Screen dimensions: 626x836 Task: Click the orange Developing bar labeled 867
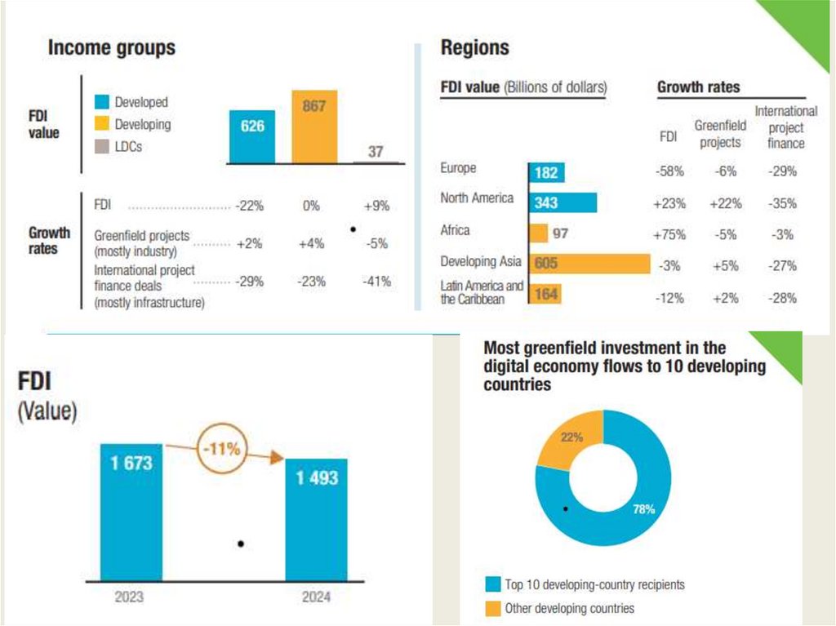click(x=314, y=127)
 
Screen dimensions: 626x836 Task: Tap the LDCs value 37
click(x=376, y=152)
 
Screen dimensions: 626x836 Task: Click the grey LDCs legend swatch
click(x=102, y=147)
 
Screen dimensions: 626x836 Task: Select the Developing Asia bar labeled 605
click(x=589, y=264)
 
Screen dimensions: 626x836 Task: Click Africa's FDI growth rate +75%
click(x=669, y=234)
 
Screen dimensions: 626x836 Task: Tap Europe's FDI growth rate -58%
click(x=669, y=172)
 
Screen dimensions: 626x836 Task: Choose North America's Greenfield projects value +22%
click(x=720, y=203)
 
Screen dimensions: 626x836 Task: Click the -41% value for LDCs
click(x=376, y=282)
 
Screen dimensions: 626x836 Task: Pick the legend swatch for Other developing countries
click(x=491, y=608)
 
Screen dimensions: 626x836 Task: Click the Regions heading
click(x=475, y=48)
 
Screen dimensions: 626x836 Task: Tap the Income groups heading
click(x=112, y=48)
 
